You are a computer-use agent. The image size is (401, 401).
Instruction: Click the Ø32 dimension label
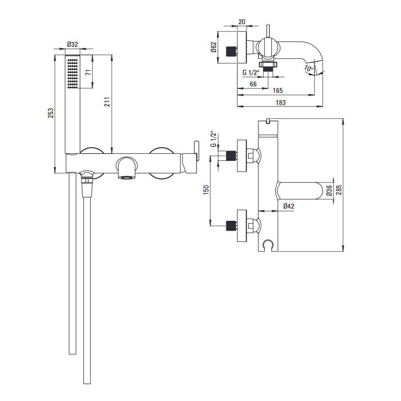click(x=73, y=44)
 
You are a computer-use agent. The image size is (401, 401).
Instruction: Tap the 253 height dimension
click(x=50, y=113)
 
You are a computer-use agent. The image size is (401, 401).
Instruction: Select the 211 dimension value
click(x=107, y=102)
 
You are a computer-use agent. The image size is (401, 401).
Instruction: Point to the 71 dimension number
click(x=88, y=72)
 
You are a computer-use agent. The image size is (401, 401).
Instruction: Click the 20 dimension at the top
click(x=242, y=22)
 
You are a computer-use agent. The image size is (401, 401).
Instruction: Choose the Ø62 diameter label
click(x=214, y=47)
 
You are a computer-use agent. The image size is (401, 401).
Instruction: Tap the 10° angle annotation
click(x=309, y=68)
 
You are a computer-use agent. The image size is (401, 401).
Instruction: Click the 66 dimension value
click(x=253, y=84)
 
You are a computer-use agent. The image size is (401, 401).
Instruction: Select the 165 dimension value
click(x=278, y=91)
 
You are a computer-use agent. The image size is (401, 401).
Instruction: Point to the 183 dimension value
click(x=281, y=103)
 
